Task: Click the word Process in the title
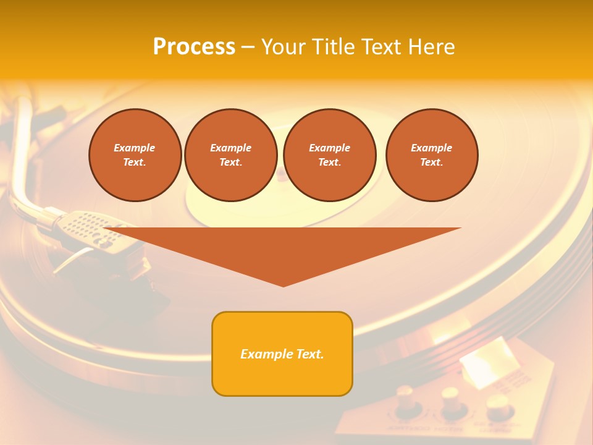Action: pyautogui.click(x=194, y=47)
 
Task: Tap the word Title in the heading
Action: pyautogui.click(x=332, y=47)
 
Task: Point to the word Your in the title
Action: pyautogui.click(x=284, y=47)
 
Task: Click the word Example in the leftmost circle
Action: pyautogui.click(x=135, y=148)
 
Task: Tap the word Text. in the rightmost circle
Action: pyautogui.click(x=432, y=162)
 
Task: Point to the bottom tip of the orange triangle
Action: pyautogui.click(x=284, y=285)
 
